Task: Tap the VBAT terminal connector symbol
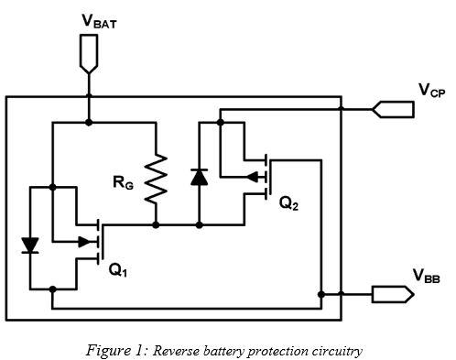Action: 89,60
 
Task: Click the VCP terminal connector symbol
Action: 392,109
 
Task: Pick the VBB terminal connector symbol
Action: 391,295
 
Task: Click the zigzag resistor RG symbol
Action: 157,177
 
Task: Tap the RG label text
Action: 125,181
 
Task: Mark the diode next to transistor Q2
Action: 198,177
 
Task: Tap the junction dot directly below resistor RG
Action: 157,224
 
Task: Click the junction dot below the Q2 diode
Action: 198,224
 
